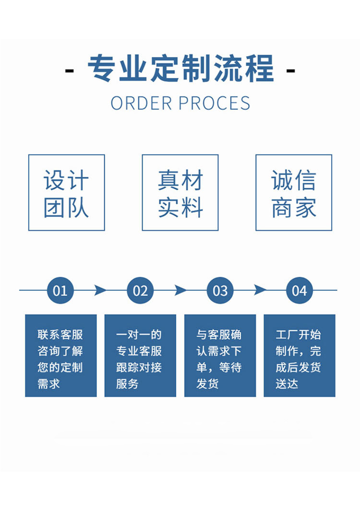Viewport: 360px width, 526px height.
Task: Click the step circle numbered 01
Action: (60, 290)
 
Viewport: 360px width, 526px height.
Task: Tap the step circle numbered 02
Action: (140, 290)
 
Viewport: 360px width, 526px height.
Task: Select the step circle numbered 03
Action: (220, 290)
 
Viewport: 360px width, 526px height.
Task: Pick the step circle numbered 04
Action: (299, 290)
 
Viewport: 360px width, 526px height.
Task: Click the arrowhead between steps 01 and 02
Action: (100, 290)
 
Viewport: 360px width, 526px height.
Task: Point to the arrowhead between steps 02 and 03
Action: (180, 290)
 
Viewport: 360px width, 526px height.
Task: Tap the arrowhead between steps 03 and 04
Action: (260, 290)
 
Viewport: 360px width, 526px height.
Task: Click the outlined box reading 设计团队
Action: (66, 192)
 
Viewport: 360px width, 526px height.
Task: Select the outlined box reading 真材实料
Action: (180, 192)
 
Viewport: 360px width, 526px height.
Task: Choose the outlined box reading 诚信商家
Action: (294, 192)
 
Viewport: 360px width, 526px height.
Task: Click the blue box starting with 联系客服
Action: (61, 356)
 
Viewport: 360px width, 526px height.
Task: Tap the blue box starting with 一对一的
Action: (140, 356)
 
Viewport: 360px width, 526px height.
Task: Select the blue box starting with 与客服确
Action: (220, 356)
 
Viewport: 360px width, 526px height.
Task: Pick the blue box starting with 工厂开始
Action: (300, 356)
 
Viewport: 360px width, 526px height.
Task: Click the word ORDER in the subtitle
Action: (141, 103)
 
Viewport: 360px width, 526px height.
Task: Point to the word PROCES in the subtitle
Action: (215, 103)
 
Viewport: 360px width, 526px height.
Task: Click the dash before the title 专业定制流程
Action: (69, 71)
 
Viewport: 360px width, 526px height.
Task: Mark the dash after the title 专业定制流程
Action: (290, 71)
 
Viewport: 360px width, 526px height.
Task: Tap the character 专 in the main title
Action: (103, 69)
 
